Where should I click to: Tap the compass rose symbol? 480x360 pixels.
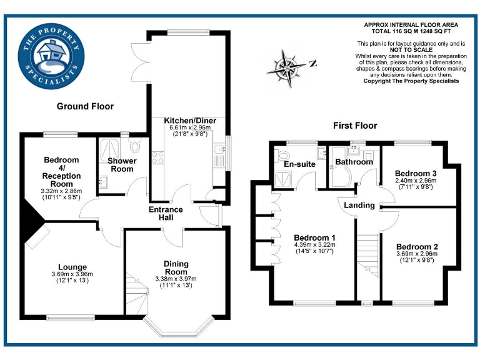coord(288,66)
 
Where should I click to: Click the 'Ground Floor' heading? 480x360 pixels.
coord(85,106)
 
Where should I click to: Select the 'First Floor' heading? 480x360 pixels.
coord(354,126)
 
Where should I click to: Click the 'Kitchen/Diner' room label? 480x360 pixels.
coord(187,120)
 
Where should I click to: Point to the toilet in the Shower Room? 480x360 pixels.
coord(135,146)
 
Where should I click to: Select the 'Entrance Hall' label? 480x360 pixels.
coord(166,214)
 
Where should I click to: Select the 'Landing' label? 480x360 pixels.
coord(359,205)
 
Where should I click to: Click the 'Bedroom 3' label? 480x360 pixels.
coord(416,173)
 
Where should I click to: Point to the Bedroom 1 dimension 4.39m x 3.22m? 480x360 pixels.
coord(315,245)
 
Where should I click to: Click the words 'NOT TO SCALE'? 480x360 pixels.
coord(411,49)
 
